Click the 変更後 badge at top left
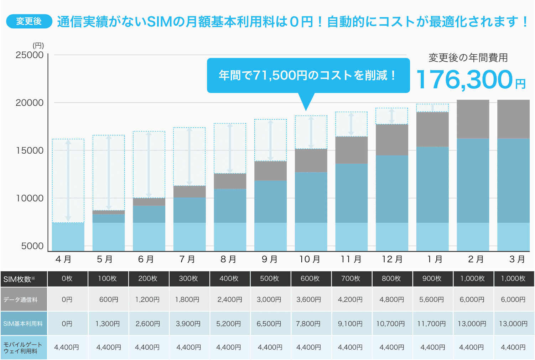[29, 21]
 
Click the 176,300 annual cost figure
[464, 79]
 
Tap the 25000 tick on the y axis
[30, 55]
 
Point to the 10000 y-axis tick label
[30, 198]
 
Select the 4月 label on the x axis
[63, 259]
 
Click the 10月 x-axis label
[310, 259]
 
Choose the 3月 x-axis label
[517, 259]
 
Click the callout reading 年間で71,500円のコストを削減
[308, 75]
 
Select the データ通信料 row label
[21, 300]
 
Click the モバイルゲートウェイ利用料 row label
[23, 348]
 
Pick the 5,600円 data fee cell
[431, 300]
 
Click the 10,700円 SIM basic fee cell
[391, 324]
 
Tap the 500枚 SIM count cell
[269, 279]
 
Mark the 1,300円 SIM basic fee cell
[108, 324]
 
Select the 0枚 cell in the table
[67, 279]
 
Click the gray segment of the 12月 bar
[392, 140]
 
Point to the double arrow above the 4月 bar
[68, 181]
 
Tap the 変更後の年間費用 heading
[468, 58]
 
